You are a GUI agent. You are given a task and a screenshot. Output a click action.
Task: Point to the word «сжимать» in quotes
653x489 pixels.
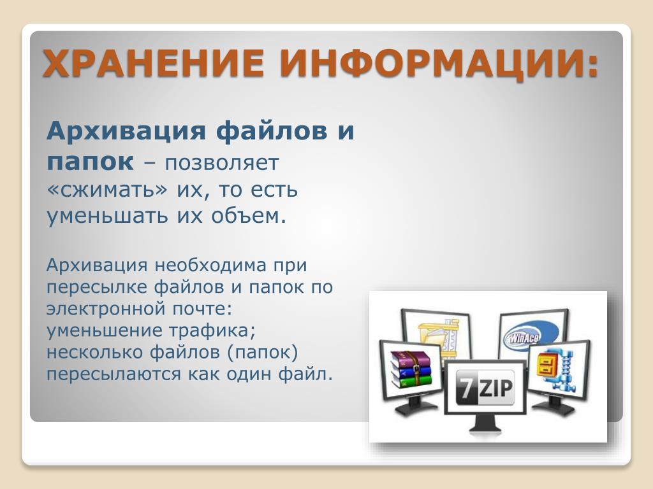click(x=106, y=190)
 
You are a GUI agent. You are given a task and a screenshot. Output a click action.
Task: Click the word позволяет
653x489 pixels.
click(x=221, y=163)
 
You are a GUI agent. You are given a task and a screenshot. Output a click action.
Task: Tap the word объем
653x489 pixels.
click(x=249, y=215)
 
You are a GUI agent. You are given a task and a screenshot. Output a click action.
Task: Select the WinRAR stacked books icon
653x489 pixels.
click(x=410, y=370)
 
